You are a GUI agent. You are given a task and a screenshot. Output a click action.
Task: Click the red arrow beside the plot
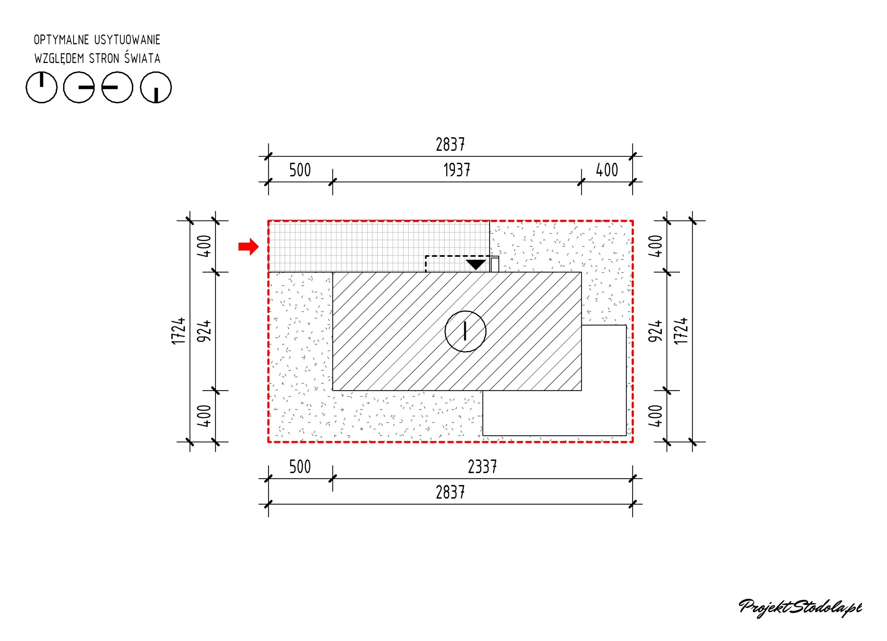point(249,247)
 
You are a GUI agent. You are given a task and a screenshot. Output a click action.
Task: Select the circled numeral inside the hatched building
point(465,331)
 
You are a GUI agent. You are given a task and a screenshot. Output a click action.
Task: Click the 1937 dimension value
point(457,170)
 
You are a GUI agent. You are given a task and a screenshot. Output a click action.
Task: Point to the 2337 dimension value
point(482,467)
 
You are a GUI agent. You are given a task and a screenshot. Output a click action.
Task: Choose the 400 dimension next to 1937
point(607,170)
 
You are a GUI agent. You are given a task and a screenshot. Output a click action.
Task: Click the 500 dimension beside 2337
point(300,467)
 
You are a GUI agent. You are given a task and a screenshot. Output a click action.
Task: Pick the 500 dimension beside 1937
point(300,170)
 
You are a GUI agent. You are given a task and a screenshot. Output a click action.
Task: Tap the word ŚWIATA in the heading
point(142,58)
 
